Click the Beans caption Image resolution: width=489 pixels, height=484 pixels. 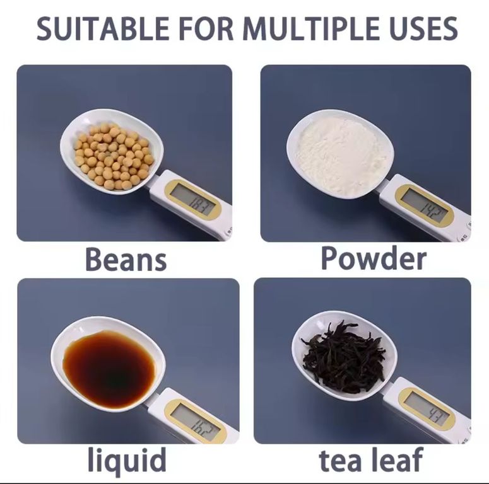pyautogui.click(x=126, y=259)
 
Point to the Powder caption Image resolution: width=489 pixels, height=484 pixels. pyautogui.click(x=374, y=258)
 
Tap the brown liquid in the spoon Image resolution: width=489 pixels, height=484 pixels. pyautogui.click(x=109, y=369)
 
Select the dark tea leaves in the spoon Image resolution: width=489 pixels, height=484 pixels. pyautogui.click(x=344, y=358)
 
